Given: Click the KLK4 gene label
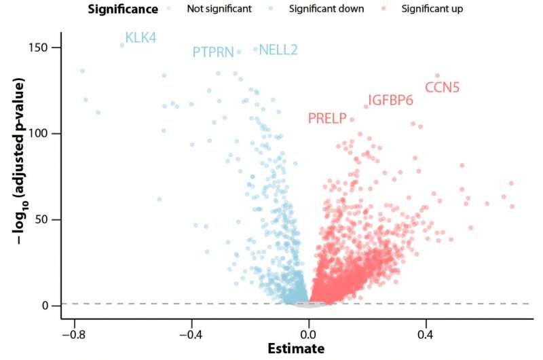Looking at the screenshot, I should [141, 38].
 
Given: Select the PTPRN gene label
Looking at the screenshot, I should [212, 52].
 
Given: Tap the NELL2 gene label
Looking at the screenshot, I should [278, 50].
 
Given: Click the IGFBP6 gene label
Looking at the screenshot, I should [390, 101].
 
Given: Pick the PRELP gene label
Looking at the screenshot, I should [327, 119].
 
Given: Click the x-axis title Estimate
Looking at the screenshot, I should [295, 349].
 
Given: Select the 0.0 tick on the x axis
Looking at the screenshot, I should [309, 334].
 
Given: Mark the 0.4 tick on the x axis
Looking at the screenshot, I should [426, 334].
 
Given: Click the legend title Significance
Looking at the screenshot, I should [123, 10].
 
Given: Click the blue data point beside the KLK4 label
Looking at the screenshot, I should [122, 46].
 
